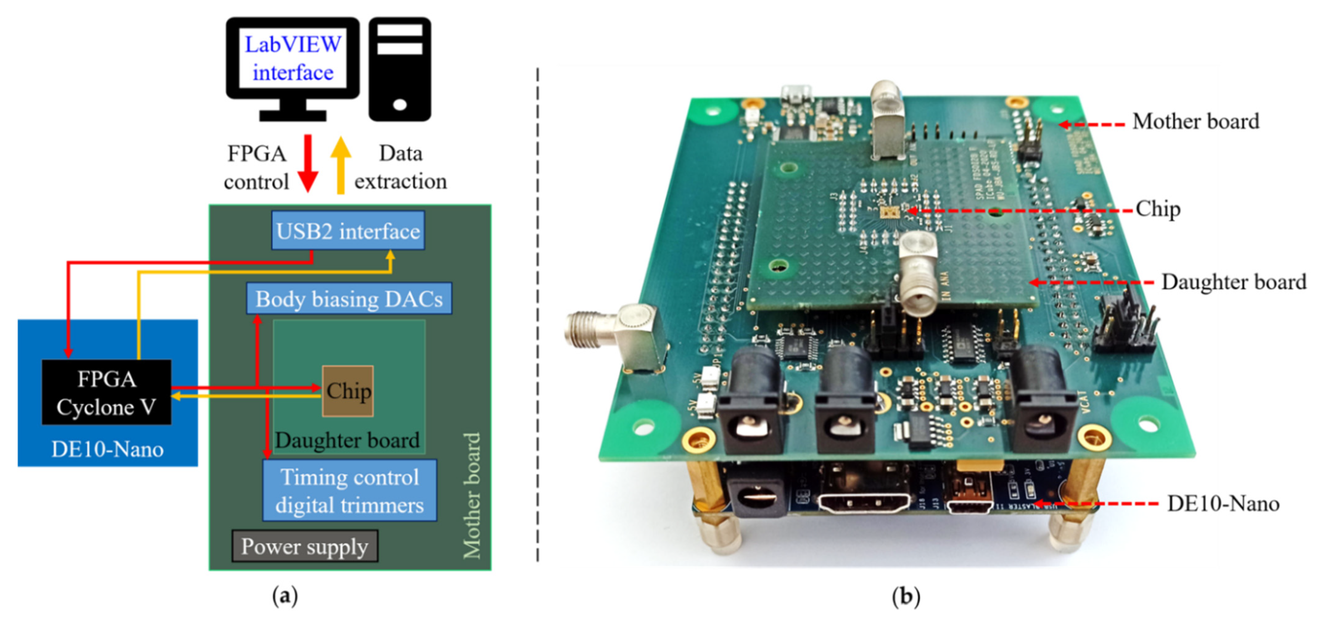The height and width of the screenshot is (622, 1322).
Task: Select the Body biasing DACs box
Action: click(349, 299)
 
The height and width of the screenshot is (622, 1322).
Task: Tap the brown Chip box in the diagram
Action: click(348, 391)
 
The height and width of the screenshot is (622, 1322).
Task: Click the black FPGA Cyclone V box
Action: click(106, 393)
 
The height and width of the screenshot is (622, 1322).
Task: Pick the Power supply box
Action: click(305, 546)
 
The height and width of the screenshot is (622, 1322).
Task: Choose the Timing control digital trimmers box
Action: click(350, 491)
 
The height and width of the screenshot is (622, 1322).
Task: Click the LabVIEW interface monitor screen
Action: click(292, 58)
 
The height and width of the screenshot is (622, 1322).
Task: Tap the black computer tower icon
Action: click(400, 69)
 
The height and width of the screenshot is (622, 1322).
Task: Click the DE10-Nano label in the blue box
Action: click(107, 450)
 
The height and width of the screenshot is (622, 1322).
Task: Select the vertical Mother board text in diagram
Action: click(472, 495)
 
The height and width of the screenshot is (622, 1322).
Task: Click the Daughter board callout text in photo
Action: click(1233, 282)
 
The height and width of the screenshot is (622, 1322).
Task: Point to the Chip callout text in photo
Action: click(1158, 209)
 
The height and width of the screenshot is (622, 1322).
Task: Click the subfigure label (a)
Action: click(285, 596)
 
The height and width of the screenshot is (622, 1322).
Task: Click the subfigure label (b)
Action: click(906, 596)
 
